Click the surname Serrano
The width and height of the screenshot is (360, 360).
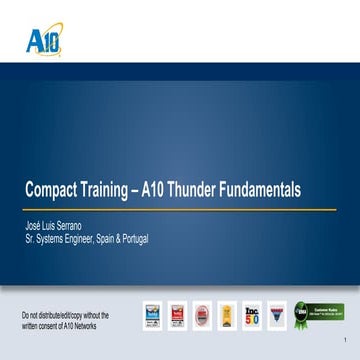66,227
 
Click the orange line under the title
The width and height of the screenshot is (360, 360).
180,211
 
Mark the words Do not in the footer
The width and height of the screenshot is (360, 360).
32,314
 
